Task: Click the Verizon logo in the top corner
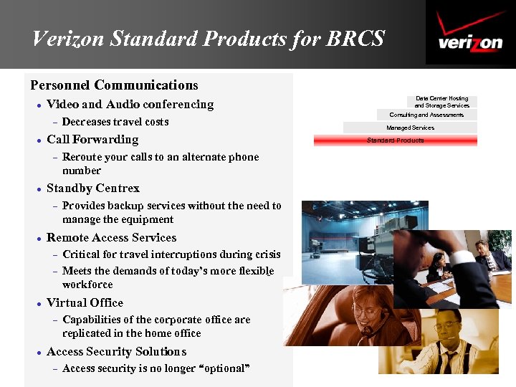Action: point(470,33)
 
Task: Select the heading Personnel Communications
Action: point(114,85)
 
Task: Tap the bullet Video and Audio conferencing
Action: point(130,105)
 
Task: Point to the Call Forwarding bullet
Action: point(92,139)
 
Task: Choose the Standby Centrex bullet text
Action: point(93,188)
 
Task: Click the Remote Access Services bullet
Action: point(111,237)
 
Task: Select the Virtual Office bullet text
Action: point(85,302)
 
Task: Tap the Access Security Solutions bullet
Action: point(116,351)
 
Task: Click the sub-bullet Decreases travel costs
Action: point(115,122)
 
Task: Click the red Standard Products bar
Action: point(395,140)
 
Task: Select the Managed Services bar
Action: point(410,128)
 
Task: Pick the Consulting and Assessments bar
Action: point(426,115)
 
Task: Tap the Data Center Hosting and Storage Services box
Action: point(441,102)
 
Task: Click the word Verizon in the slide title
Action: point(67,38)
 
